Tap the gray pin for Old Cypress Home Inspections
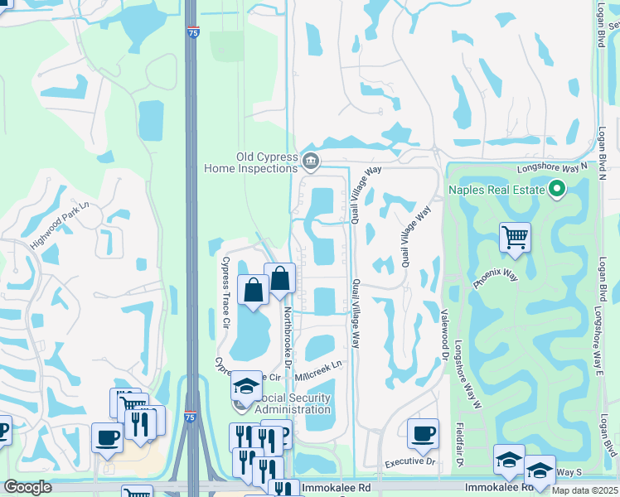coord(311,161)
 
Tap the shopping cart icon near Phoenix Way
coord(515,238)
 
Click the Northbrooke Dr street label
coord(288,335)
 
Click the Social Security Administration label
coord(292,403)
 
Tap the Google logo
coord(27,487)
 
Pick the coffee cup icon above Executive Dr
coord(423,433)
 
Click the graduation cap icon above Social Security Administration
coord(246,386)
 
